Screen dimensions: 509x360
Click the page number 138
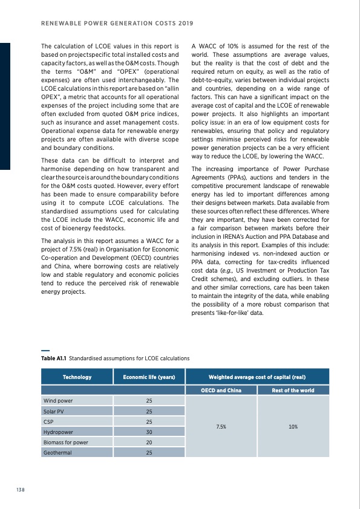[x=20, y=490]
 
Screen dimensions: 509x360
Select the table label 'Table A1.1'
[x=53, y=358]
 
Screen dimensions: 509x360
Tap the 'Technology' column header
[x=77, y=377]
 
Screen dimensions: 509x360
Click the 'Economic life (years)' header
[x=149, y=377]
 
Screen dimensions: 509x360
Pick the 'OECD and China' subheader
[x=221, y=391]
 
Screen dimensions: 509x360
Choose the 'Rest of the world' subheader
[x=293, y=391]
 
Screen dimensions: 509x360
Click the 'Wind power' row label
[x=58, y=401]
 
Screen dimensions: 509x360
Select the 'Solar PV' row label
[x=54, y=411]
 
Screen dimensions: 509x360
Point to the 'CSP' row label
[x=48, y=421]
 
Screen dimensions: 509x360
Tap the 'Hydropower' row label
[x=58, y=432]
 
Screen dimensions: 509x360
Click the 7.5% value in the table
[x=221, y=426]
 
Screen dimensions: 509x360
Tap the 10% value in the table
[x=293, y=426]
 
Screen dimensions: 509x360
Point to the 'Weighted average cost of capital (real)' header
[x=257, y=377]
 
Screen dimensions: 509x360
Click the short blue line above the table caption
[x=45, y=351]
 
